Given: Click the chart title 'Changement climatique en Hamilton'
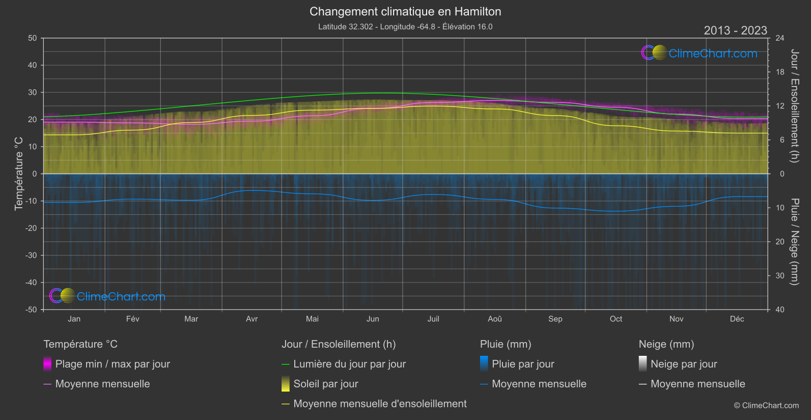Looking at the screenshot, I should pyautogui.click(x=405, y=12).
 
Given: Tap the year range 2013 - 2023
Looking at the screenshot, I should pyautogui.click(x=735, y=31).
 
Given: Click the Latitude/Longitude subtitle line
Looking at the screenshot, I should pyautogui.click(x=405, y=27).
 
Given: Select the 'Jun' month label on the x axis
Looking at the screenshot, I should pyautogui.click(x=373, y=319).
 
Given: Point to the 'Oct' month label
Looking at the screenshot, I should pyautogui.click(x=616, y=319).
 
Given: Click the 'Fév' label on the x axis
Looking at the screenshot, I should pyautogui.click(x=132, y=319).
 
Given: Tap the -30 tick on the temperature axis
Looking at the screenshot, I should pyautogui.click(x=32, y=256).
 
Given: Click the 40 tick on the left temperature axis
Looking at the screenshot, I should pyautogui.click(x=33, y=65).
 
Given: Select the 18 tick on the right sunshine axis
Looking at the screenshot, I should pyautogui.click(x=780, y=72).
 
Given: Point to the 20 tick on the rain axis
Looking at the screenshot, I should pyautogui.click(x=780, y=242).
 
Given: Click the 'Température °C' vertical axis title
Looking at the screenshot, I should pyautogui.click(x=19, y=174).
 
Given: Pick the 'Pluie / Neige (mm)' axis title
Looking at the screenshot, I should pyautogui.click(x=794, y=242).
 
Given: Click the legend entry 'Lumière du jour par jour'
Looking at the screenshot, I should pyautogui.click(x=349, y=364).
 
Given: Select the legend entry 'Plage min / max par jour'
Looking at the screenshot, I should pyautogui.click(x=113, y=364).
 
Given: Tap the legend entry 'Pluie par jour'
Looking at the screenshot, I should pyautogui.click(x=523, y=364).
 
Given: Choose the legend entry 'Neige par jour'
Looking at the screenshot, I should pyautogui.click(x=684, y=364).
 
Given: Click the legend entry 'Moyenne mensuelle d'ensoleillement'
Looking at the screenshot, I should pyautogui.click(x=380, y=404).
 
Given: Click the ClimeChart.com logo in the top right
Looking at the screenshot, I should pyautogui.click(x=700, y=53).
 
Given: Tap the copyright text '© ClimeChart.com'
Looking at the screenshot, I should pyautogui.click(x=766, y=406).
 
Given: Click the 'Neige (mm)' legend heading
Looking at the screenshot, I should pyautogui.click(x=666, y=344).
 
